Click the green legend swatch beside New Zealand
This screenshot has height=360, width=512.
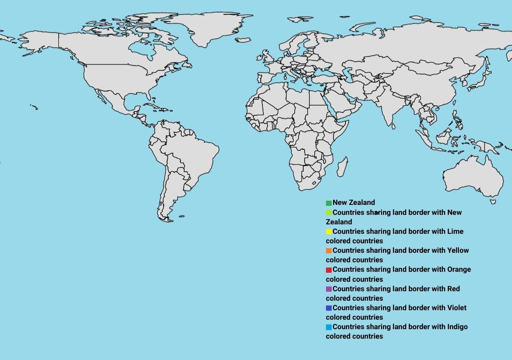[328, 203]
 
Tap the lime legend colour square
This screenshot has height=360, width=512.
[328, 212]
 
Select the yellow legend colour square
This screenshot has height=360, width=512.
[328, 232]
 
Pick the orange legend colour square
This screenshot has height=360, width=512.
[328, 251]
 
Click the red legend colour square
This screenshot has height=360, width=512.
[328, 270]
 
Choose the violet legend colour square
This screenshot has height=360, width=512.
[328, 289]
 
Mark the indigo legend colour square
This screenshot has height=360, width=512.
[328, 308]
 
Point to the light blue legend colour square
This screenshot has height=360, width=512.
[328, 327]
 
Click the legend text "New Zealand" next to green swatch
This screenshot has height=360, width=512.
[354, 203]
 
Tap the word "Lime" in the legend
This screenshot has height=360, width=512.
[455, 231]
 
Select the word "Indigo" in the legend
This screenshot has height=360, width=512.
[457, 327]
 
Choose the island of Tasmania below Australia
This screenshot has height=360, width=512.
[493, 202]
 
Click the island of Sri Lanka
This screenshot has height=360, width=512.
[394, 126]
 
